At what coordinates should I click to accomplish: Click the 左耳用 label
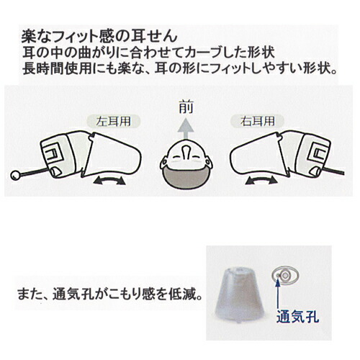[113, 122]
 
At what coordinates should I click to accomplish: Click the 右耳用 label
[258, 122]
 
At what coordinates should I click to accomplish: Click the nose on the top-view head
[186, 152]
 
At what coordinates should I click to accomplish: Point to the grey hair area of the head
[186, 178]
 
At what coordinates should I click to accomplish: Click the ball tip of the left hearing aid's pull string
[15, 175]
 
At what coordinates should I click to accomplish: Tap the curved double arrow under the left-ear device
[109, 181]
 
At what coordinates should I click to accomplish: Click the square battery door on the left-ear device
[53, 153]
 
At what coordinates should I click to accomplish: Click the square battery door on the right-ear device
[319, 153]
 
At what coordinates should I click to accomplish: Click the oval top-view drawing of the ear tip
[285, 276]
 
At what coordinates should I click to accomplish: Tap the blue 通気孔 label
[297, 317]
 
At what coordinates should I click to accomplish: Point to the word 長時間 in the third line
[42, 68]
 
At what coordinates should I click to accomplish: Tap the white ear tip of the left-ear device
[113, 156]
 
